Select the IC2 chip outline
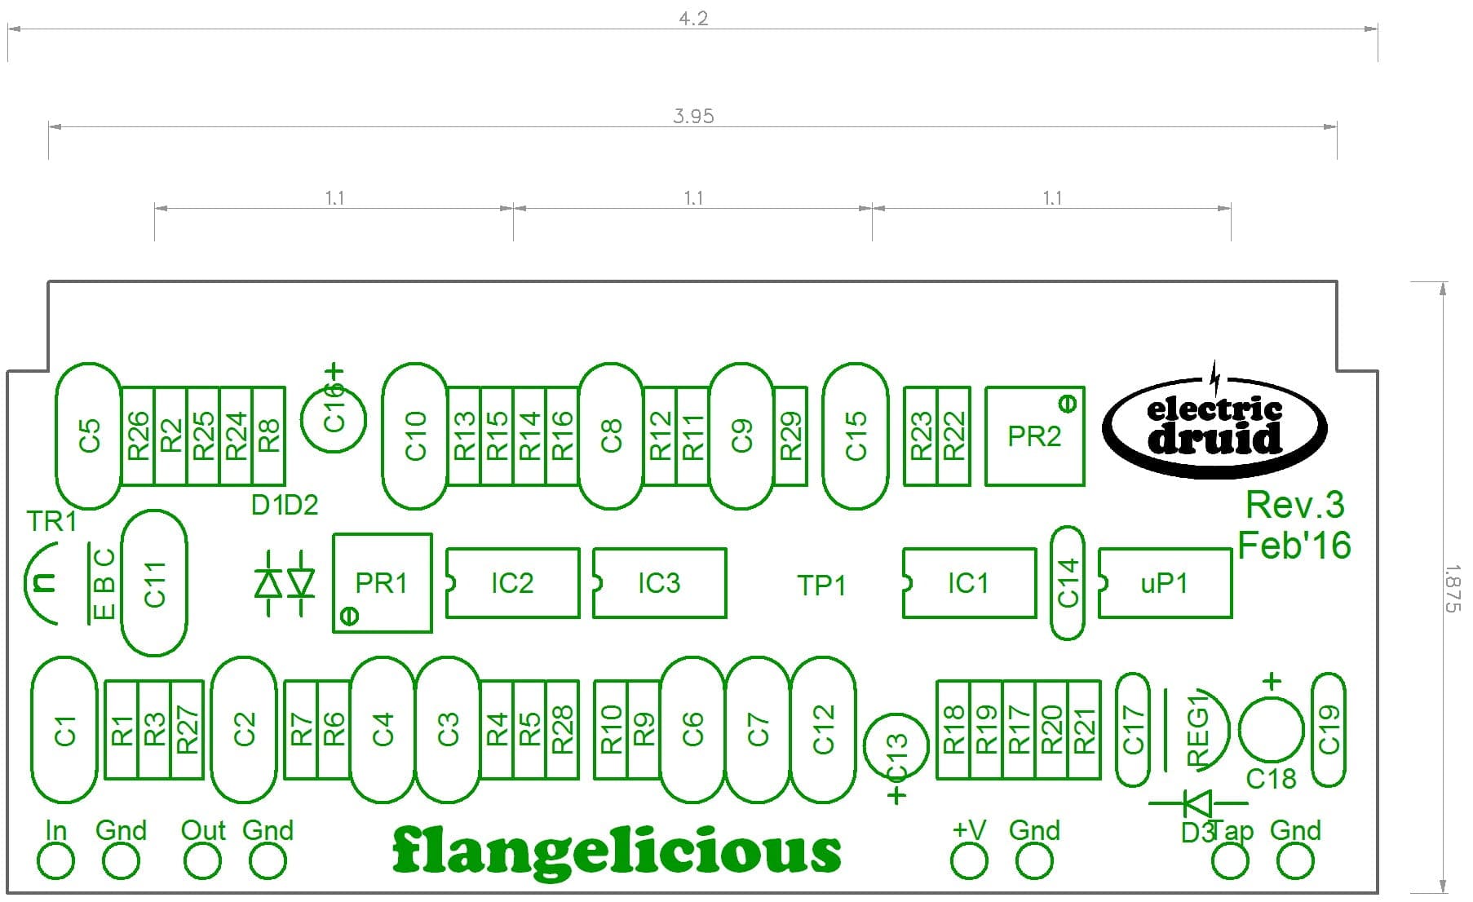[512, 583]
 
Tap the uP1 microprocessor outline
[1165, 583]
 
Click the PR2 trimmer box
[1034, 436]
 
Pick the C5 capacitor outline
[89, 436]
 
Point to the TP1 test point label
[821, 586]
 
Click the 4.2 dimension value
[693, 19]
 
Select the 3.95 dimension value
[693, 117]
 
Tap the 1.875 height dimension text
[1453, 588]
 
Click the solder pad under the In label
[55, 861]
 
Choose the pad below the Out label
[202, 861]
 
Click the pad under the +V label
[969, 861]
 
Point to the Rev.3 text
[1294, 506]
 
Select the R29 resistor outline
[790, 436]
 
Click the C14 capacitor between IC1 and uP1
[1068, 582]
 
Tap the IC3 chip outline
[659, 583]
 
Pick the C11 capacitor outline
[154, 583]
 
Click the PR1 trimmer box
[382, 583]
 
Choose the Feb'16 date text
[1294, 545]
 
